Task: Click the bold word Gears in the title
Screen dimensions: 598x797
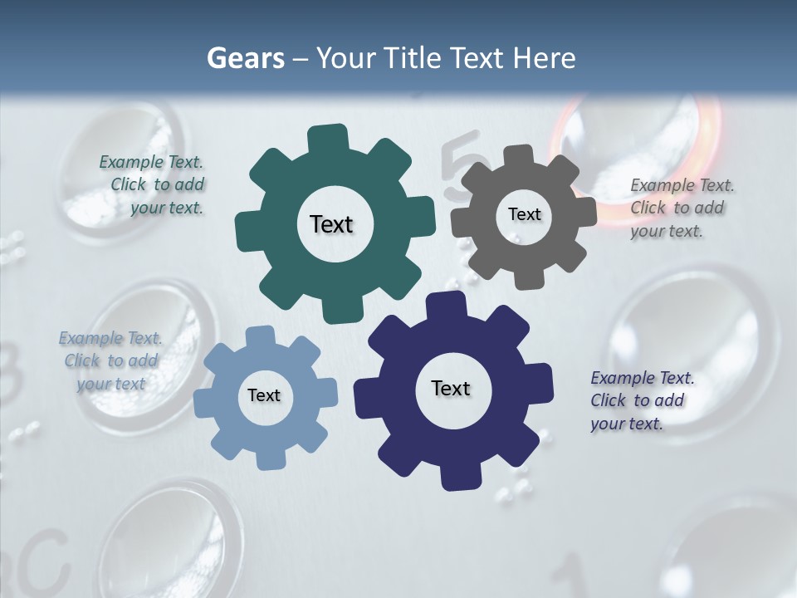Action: click(245, 58)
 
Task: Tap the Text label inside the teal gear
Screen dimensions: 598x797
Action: click(331, 224)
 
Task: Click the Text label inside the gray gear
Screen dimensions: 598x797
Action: click(524, 214)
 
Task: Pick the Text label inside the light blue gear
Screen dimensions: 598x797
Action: click(264, 395)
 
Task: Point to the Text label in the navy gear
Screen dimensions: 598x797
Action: click(451, 388)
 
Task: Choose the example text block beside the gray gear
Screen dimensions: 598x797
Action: click(681, 208)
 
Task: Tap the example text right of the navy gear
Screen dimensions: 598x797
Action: click(641, 400)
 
